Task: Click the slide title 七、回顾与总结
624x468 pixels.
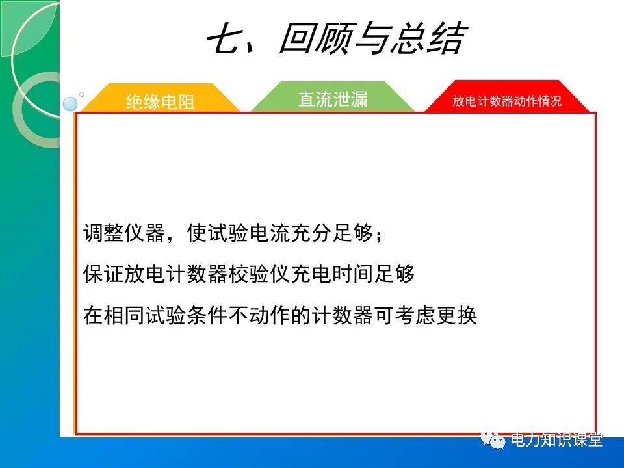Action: (x=335, y=40)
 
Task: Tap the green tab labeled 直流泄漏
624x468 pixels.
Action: (x=333, y=99)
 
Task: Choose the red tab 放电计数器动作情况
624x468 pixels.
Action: (x=507, y=101)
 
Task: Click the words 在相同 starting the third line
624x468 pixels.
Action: (x=114, y=315)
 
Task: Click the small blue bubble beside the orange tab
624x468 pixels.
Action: (x=70, y=104)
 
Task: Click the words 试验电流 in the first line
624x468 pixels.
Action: (x=249, y=233)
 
